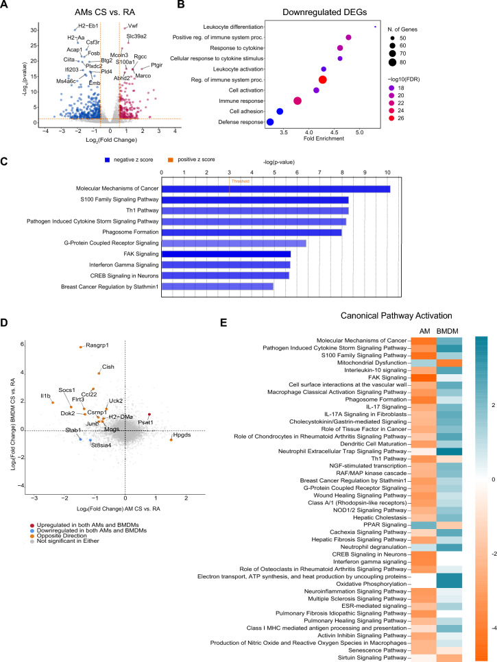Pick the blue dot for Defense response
pyautogui.click(x=270, y=122)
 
